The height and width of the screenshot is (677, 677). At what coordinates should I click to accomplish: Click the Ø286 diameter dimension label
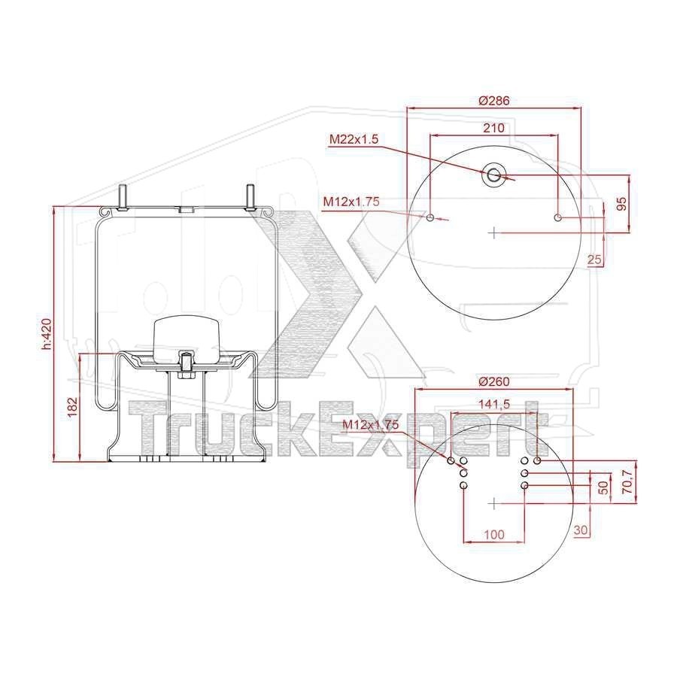click(494, 101)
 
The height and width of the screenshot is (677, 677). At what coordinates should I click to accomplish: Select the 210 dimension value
click(494, 128)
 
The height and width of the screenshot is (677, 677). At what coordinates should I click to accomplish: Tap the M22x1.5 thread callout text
click(354, 139)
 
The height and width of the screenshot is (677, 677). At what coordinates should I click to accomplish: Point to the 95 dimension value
click(621, 204)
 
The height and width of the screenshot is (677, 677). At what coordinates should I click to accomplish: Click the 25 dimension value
click(594, 259)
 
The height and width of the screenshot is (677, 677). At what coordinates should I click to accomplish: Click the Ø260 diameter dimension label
click(494, 381)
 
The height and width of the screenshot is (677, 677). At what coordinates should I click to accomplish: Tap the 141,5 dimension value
click(494, 404)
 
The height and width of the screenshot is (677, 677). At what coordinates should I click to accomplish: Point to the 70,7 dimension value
click(628, 482)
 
